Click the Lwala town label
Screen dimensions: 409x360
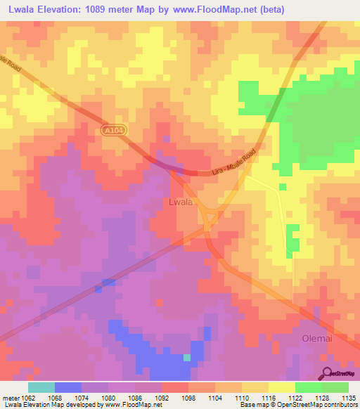[x=181, y=202]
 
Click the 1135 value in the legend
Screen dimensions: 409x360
[x=349, y=397]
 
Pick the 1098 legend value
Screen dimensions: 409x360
[x=188, y=397]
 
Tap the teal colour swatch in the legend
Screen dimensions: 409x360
[x=41, y=387]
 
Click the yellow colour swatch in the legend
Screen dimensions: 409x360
[x=282, y=387]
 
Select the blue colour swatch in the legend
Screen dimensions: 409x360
[x=67, y=387]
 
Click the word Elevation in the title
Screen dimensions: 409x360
[x=65, y=10]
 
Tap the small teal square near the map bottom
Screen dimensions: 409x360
[x=187, y=357]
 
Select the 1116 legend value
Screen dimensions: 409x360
[x=269, y=397]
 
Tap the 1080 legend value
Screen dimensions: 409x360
[x=108, y=397]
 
